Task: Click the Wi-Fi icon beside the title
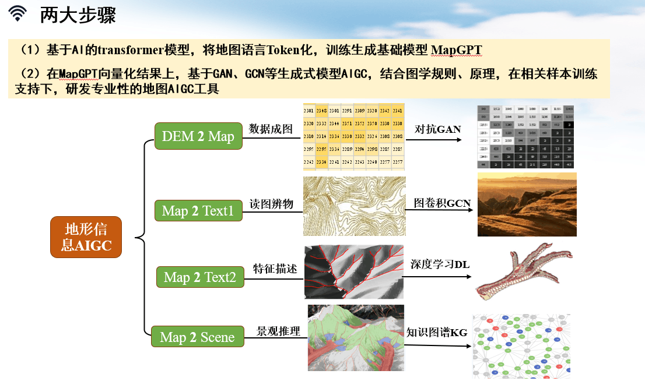click(19, 15)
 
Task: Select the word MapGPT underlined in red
click(457, 50)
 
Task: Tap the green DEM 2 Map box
click(198, 136)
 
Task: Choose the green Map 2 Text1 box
click(198, 210)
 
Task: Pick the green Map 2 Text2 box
click(200, 277)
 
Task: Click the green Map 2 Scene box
click(197, 337)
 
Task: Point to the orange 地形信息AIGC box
click(86, 237)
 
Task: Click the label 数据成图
click(271, 129)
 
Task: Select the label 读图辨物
click(271, 204)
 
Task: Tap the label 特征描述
click(275, 269)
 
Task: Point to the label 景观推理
click(278, 331)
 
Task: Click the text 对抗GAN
click(437, 129)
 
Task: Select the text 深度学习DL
click(440, 264)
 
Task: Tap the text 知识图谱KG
click(437, 332)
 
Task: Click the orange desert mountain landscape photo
click(527, 204)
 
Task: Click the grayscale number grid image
click(525, 137)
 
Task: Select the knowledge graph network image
click(521, 346)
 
